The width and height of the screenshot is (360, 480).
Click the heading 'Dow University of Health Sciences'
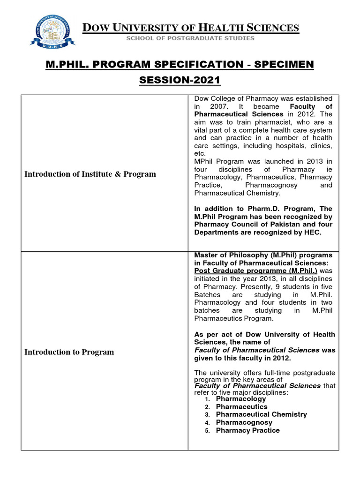coord(190,28)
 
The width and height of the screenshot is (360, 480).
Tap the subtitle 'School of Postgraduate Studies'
coord(190,38)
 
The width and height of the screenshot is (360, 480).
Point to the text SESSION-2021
coord(180,80)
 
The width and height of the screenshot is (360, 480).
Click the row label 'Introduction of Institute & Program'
coord(90,174)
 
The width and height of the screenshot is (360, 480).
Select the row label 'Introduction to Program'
coord(69,352)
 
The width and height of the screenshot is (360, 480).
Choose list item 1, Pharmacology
coord(240,399)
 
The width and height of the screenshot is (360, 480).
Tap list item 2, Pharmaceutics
coord(241,407)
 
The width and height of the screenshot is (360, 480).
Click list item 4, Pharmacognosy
coord(244,422)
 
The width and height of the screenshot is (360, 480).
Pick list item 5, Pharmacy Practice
coord(247,430)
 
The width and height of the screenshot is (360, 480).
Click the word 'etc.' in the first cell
coord(200,153)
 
